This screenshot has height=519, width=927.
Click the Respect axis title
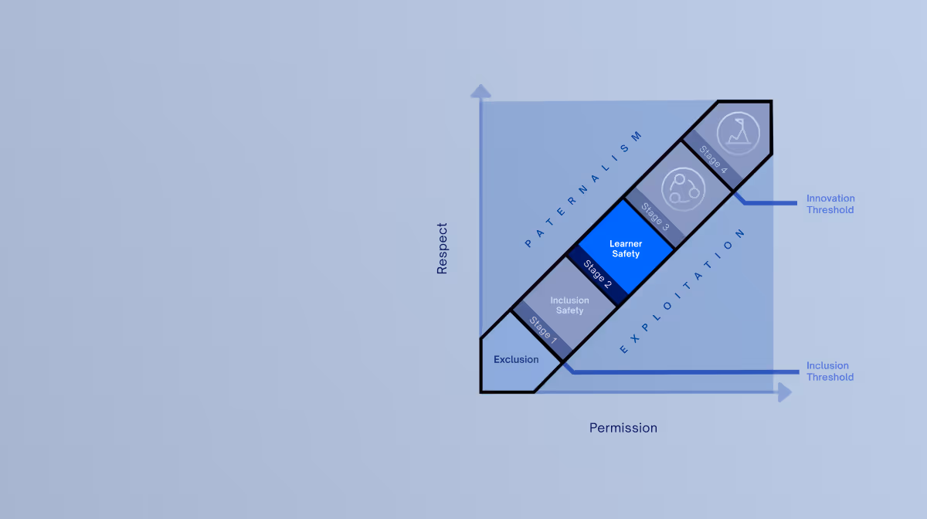(x=442, y=249)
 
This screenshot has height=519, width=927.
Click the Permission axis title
(x=623, y=428)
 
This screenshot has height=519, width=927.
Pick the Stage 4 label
(x=712, y=158)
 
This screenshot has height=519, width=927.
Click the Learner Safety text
(x=626, y=249)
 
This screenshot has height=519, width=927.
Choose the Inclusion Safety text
(x=569, y=305)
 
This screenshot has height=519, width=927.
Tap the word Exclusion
(x=516, y=359)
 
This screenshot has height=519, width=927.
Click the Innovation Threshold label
(x=830, y=204)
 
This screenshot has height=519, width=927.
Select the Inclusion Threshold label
(x=830, y=371)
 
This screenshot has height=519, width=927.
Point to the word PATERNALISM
(x=584, y=189)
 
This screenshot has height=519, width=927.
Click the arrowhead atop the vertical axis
(x=480, y=91)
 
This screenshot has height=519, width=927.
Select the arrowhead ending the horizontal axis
(x=785, y=392)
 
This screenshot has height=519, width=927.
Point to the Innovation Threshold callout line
(x=769, y=204)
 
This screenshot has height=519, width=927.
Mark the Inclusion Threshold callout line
(x=680, y=372)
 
